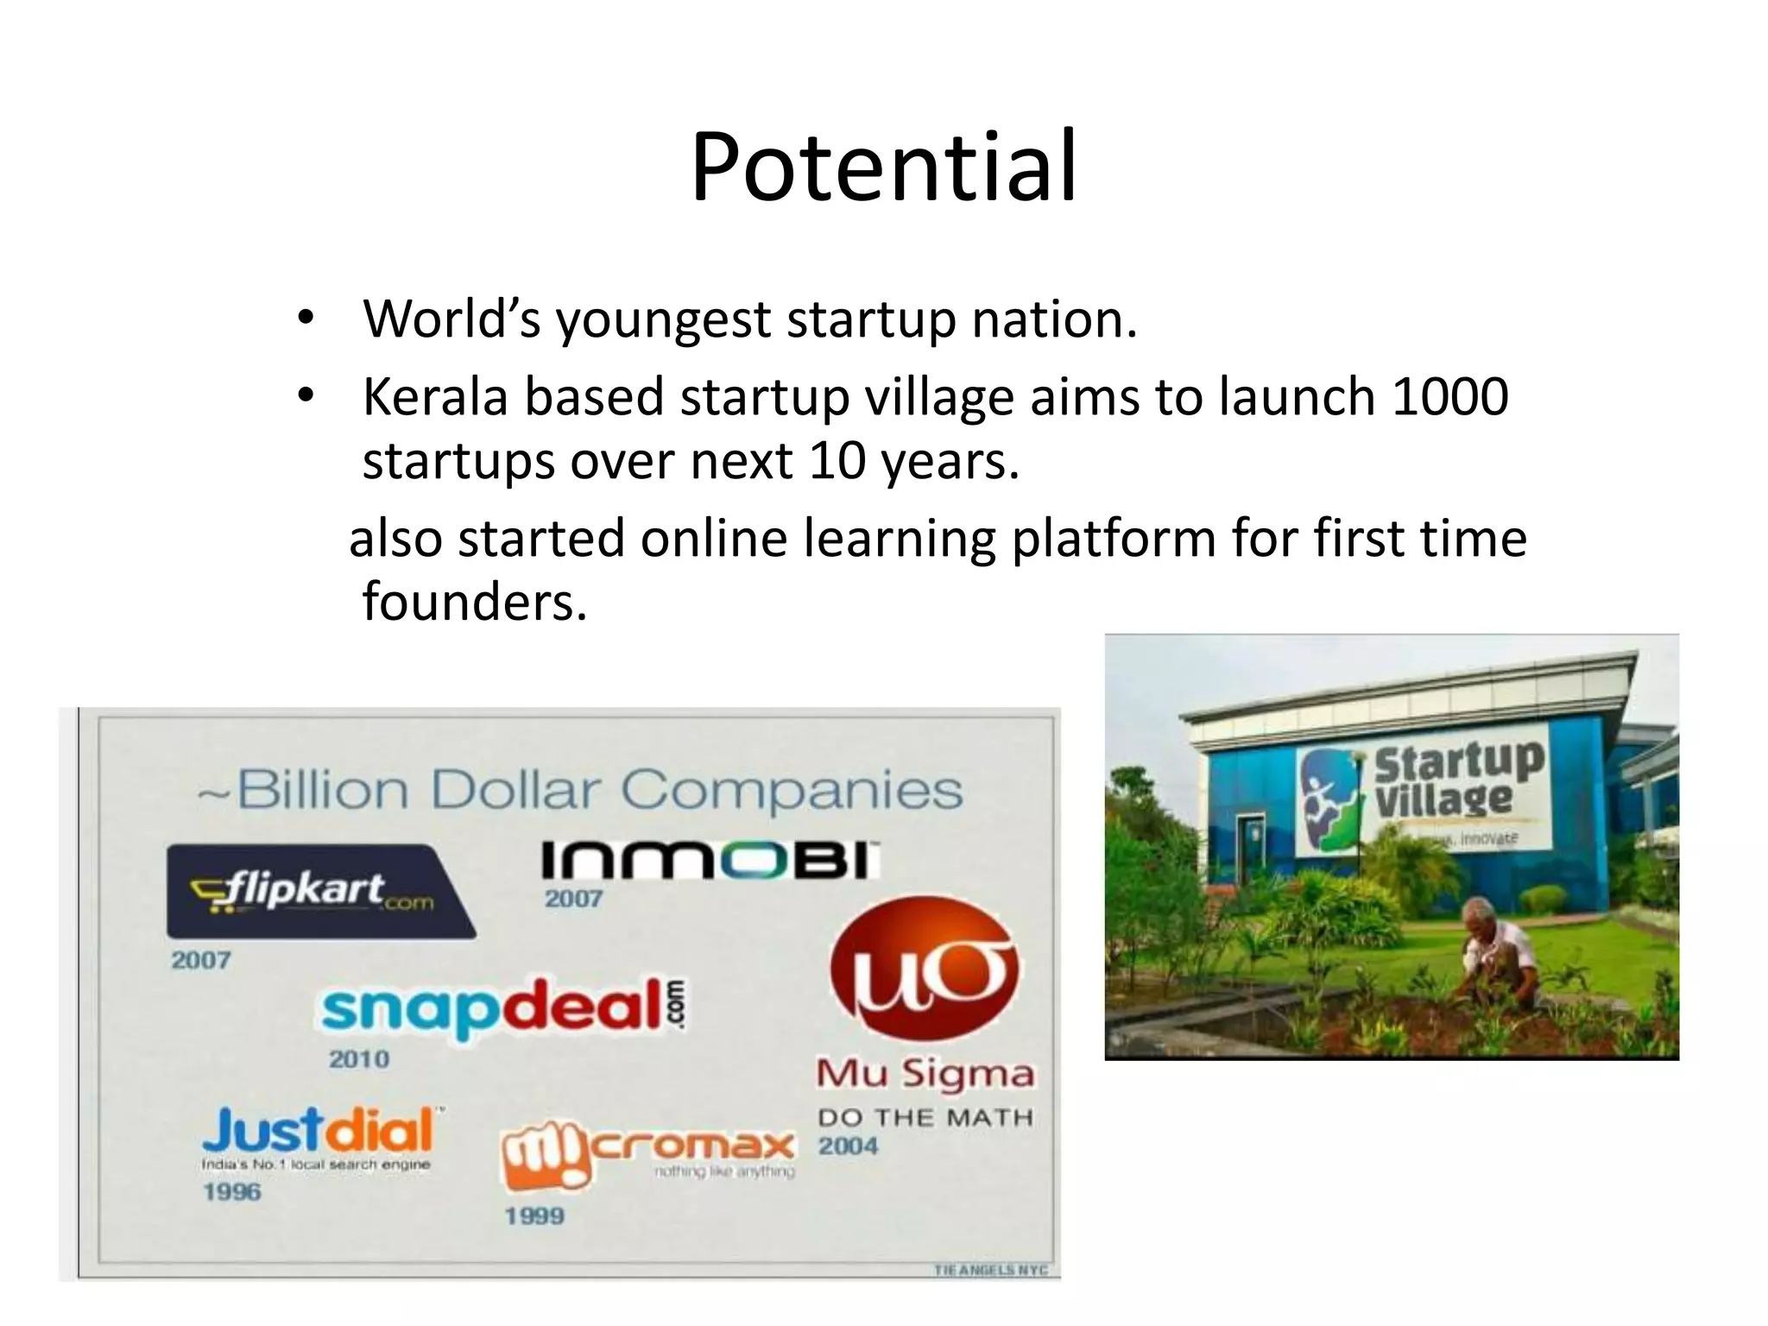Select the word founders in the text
(x=474, y=601)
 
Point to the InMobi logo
(x=710, y=861)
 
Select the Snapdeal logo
(x=504, y=1007)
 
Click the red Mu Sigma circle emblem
(x=924, y=971)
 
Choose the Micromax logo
(x=647, y=1149)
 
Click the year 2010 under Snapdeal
(x=359, y=1059)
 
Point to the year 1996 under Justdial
(x=231, y=1192)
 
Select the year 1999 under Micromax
(x=534, y=1216)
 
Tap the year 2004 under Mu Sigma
(x=848, y=1146)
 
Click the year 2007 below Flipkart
(x=200, y=960)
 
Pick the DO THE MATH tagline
(x=925, y=1118)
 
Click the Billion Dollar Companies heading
(x=580, y=790)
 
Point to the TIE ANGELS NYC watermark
(x=990, y=1270)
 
